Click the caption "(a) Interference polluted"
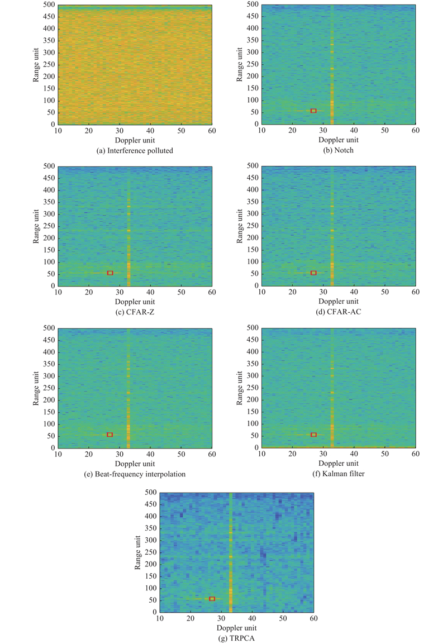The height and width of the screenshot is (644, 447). (135, 151)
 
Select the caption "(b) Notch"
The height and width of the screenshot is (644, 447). (338, 150)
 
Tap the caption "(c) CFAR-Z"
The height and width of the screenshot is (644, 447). (135, 312)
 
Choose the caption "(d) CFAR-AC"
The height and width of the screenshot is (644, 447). (339, 312)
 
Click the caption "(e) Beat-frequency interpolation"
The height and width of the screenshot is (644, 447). (135, 474)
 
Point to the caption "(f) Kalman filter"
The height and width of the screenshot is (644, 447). (339, 474)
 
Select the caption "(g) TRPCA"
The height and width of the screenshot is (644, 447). (237, 638)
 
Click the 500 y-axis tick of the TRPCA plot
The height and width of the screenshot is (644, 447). (151, 492)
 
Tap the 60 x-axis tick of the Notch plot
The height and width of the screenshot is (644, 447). (416, 130)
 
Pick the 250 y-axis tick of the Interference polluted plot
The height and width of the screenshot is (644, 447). (49, 64)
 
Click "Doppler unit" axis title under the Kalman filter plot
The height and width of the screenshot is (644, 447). (339, 463)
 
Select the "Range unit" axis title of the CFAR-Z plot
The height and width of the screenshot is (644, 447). (36, 226)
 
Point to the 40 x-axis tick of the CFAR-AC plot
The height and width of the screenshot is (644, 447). (354, 292)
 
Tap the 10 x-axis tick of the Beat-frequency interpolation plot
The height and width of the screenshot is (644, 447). (58, 454)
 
